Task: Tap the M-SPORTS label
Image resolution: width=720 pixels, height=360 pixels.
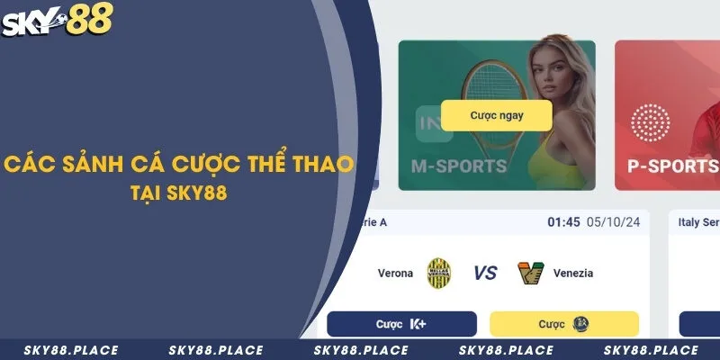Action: click(458, 166)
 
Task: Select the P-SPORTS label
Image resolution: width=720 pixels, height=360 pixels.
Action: click(672, 166)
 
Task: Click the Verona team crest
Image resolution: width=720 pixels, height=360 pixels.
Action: click(439, 273)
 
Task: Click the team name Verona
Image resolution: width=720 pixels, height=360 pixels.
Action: click(395, 273)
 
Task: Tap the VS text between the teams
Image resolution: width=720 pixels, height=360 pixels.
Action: click(484, 273)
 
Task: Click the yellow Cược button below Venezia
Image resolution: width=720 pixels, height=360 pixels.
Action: click(563, 323)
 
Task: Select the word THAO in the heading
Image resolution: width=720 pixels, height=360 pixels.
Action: click(325, 166)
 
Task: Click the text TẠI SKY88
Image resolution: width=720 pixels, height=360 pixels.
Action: click(181, 193)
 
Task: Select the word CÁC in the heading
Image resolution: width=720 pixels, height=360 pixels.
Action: click(26, 166)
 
